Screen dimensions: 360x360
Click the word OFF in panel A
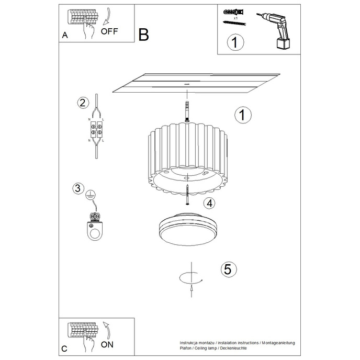(x=110, y=31)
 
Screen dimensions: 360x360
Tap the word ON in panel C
(x=107, y=345)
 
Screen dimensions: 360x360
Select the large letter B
(x=143, y=35)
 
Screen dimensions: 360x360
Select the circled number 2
(x=81, y=103)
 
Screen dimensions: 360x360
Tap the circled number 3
(x=78, y=188)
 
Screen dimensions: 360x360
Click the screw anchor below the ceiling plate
(x=186, y=111)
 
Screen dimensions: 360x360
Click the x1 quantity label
(x=235, y=18)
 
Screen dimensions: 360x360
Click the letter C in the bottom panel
(x=64, y=348)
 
